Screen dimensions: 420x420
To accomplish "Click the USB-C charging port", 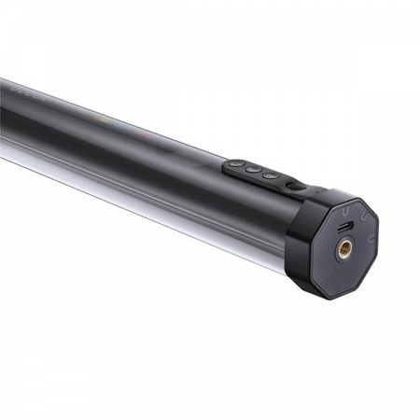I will click(344, 227).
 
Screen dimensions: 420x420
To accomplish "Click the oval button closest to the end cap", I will click(271, 175).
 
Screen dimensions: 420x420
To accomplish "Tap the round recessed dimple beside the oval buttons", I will click(295, 187).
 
